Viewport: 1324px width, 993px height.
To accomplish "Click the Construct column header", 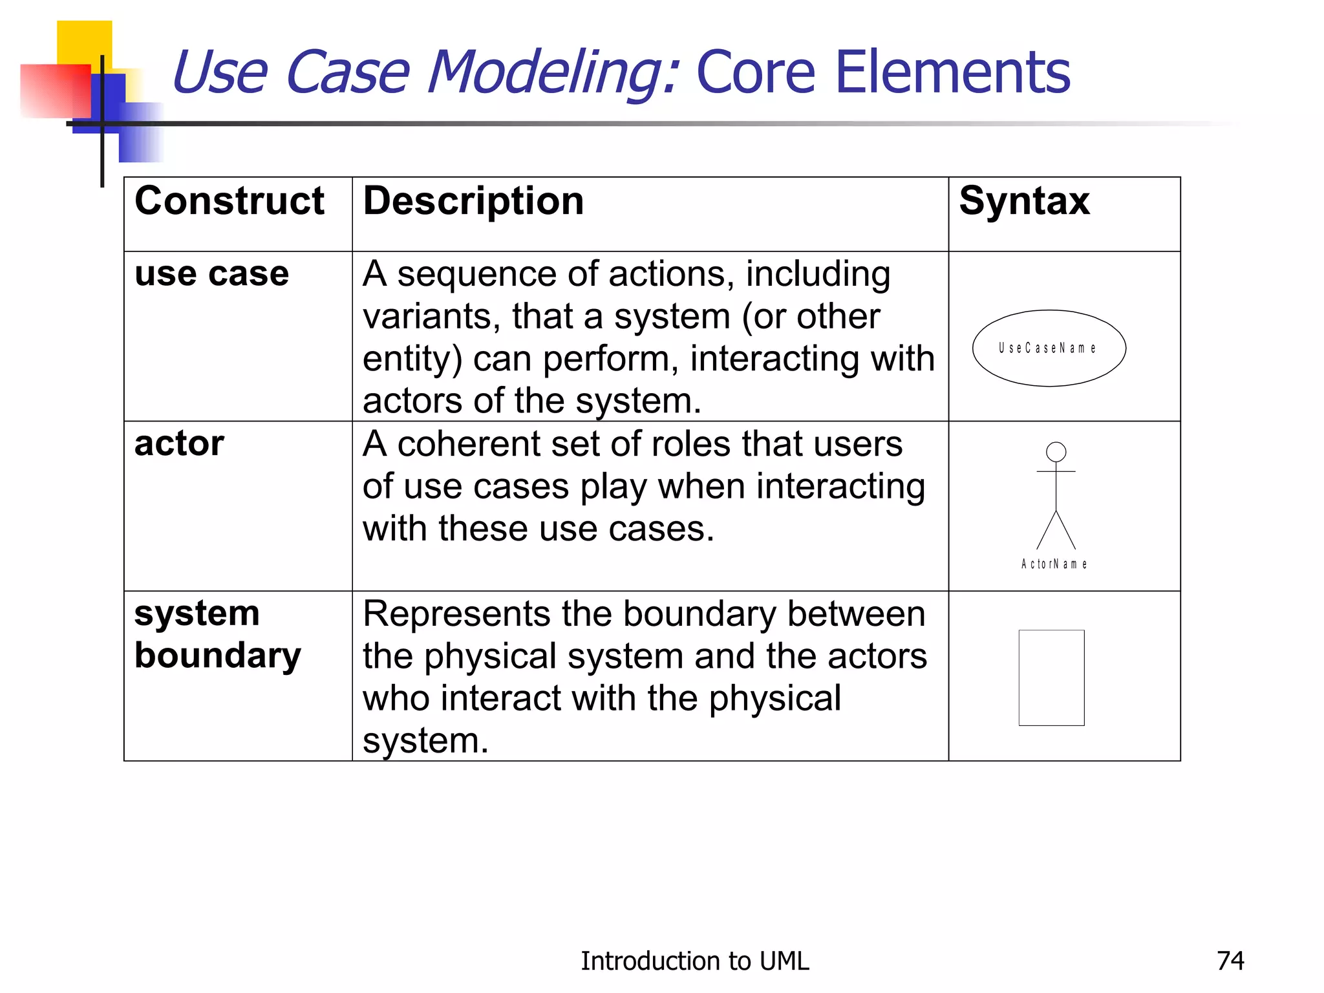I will click(x=229, y=201).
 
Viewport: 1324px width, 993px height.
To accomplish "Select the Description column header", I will click(x=473, y=201).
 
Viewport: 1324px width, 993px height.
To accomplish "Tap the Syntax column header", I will click(x=1024, y=201).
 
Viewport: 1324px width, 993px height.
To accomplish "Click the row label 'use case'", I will click(x=211, y=274).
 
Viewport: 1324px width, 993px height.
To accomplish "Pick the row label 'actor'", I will click(x=179, y=444).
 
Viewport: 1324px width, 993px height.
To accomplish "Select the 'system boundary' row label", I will click(x=217, y=634).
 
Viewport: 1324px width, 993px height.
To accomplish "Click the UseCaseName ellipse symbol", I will click(x=1049, y=348).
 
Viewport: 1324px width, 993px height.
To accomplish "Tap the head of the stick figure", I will click(x=1056, y=452).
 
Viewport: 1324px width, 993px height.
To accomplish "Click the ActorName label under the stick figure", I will click(x=1054, y=564).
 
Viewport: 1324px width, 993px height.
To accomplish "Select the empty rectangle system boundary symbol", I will click(x=1051, y=678).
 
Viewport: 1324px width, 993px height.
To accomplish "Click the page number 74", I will click(x=1230, y=961).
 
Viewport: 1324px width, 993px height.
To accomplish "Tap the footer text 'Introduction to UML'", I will click(x=694, y=961).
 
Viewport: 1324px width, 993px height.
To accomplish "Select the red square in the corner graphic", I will click(x=55, y=91).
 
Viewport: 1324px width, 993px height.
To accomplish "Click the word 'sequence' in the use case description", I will click(x=478, y=275).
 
